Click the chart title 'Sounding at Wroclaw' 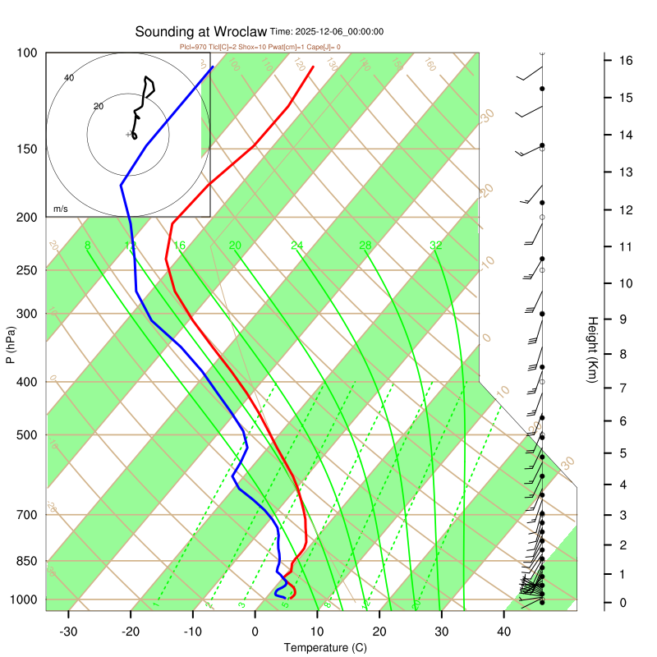(x=200, y=32)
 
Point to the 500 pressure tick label (x=26, y=435)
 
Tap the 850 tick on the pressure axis (x=26, y=561)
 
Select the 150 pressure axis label (x=26, y=149)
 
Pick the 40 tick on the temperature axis (x=504, y=632)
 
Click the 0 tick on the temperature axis (x=255, y=632)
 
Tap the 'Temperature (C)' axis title (x=325, y=648)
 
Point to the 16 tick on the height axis (x=625, y=61)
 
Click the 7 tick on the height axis (x=625, y=387)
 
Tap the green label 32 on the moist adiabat (x=436, y=246)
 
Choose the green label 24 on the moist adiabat (x=296, y=246)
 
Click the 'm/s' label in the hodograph (x=61, y=209)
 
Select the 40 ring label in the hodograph (x=69, y=78)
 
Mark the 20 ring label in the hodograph (x=99, y=107)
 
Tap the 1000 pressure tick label (x=23, y=600)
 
